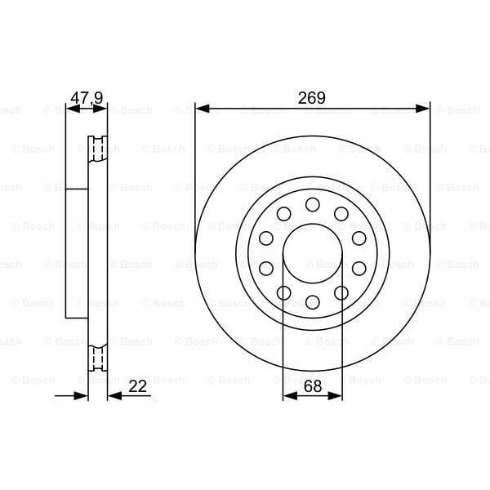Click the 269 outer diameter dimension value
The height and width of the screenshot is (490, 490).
pos(312,97)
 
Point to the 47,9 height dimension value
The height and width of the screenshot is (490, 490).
pos(87,98)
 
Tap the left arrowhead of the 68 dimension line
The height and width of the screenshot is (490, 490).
pos(288,396)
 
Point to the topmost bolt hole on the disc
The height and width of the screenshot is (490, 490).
pos(312,204)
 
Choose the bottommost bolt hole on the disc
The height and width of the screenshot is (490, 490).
pos(312,302)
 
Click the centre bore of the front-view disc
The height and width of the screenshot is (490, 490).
pos(312,253)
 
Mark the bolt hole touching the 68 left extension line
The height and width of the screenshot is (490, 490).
pos(283,293)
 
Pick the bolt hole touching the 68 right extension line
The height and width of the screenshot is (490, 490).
pos(341,293)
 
